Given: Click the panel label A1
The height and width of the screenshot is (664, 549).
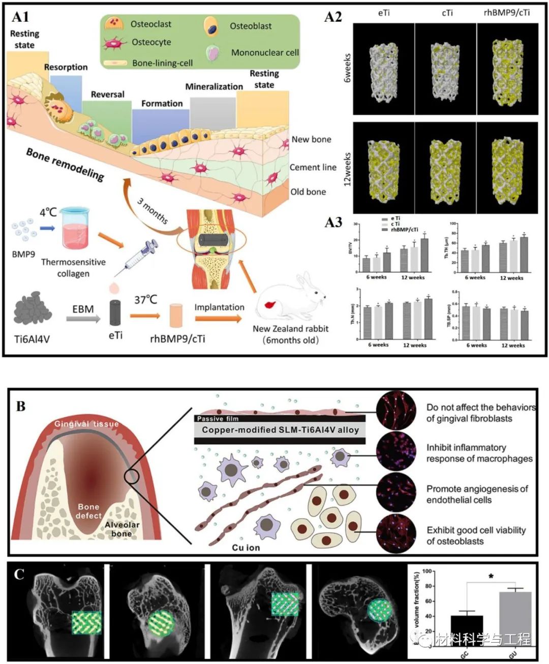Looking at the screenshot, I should pos(20,17).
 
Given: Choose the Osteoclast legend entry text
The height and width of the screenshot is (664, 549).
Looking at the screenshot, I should pos(150,24).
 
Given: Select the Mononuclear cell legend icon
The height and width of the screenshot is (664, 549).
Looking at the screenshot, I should pos(213,53).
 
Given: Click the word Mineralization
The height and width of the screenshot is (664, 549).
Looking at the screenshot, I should pos(213,86).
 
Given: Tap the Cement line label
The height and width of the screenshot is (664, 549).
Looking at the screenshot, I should pos(313,167).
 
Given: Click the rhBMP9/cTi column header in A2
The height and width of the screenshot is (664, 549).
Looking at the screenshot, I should pos(506,12).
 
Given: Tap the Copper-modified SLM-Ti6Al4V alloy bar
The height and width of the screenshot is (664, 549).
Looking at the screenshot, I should pos(280,430).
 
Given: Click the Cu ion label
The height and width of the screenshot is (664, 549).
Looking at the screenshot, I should pos(246,547).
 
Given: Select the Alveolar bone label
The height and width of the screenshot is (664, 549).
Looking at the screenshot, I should pos(122,529).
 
